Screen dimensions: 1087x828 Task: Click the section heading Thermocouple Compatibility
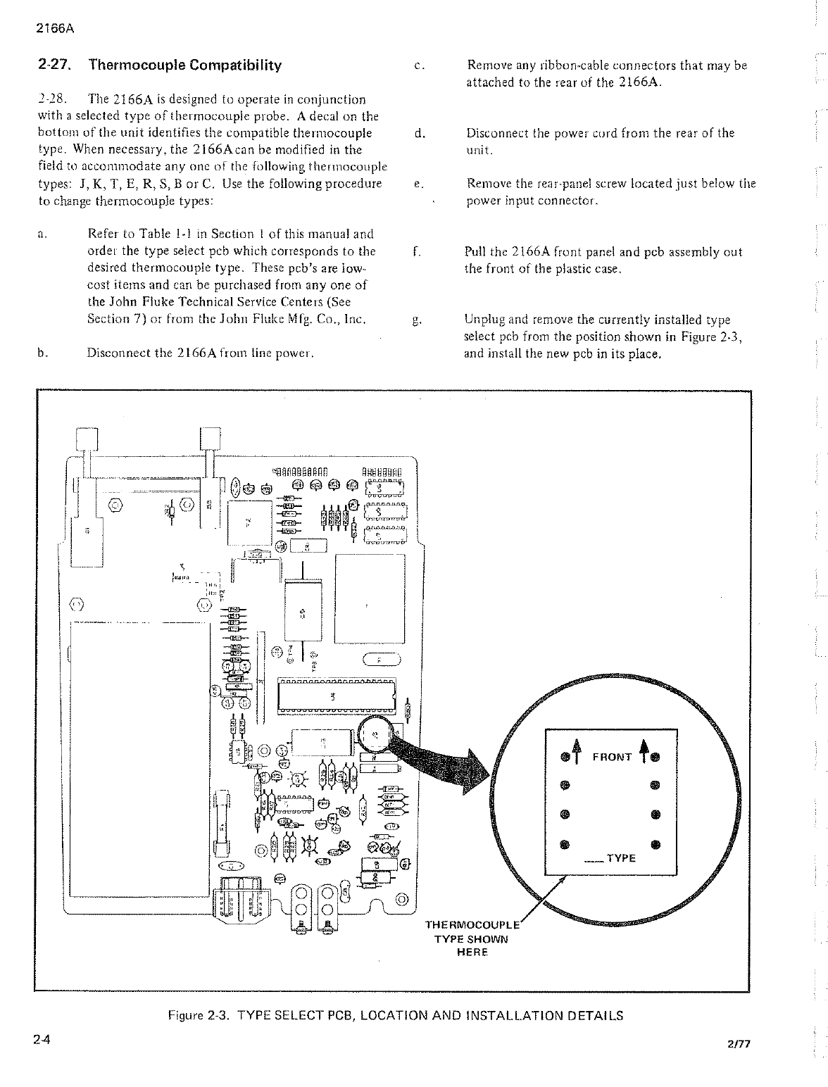click(x=184, y=65)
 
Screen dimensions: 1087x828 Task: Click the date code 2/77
click(x=739, y=1044)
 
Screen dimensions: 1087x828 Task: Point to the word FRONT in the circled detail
click(x=612, y=757)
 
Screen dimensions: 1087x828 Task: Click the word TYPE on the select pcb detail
click(x=620, y=858)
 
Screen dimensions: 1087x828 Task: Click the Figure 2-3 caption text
click(x=395, y=1015)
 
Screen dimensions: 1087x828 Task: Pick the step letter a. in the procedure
click(x=42, y=234)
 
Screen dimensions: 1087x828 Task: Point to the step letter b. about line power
click(x=42, y=353)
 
